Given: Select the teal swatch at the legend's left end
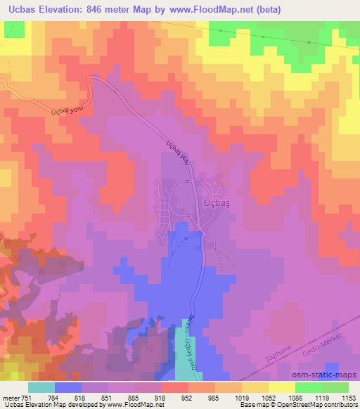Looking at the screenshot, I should [41, 387].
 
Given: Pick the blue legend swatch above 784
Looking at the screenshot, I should [67, 387].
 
